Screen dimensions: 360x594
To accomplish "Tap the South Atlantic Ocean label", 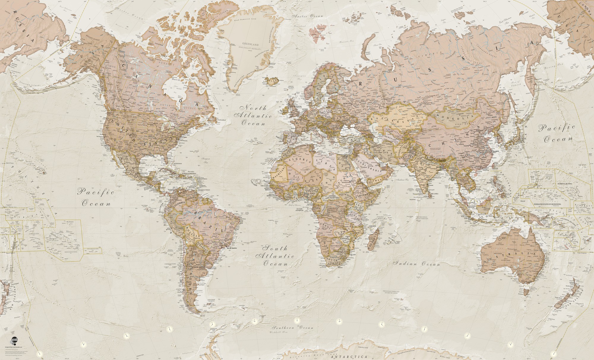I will point(277,256).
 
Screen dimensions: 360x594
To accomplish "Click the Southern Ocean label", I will point(293,328).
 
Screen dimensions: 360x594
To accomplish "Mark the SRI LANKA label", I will point(432,194).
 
